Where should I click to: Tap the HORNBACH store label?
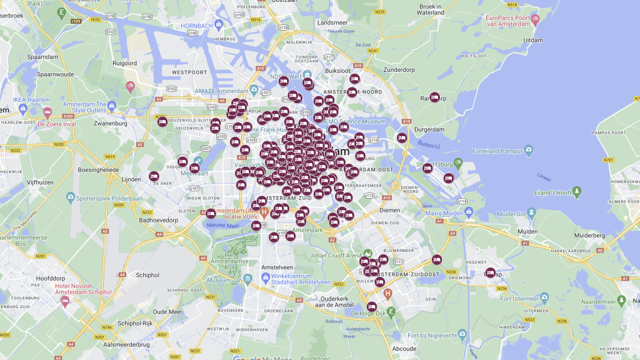197,26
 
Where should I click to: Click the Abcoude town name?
405,348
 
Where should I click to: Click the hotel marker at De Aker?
154,176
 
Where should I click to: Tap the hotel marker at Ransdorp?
434,97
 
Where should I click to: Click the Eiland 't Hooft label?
553,192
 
